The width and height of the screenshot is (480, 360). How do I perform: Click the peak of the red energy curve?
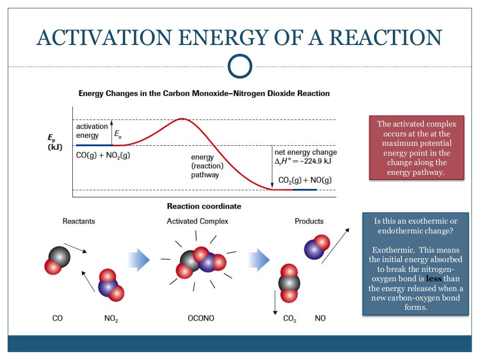coord(182,119)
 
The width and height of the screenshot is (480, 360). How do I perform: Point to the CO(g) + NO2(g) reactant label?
coord(103,155)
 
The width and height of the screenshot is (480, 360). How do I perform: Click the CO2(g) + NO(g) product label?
coord(305,180)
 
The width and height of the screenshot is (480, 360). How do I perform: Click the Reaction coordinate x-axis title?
coord(204,206)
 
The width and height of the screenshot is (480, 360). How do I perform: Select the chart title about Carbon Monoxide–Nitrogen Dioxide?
coord(204,93)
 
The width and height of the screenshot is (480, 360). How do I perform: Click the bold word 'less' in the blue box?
coord(434,278)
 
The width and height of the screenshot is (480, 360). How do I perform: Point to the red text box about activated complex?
coord(417,148)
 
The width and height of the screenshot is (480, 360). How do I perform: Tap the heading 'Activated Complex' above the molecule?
coord(197,221)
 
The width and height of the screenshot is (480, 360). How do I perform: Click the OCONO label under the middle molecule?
coord(201,318)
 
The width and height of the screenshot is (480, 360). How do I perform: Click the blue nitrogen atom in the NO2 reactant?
coord(108,286)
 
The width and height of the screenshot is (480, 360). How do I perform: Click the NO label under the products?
coord(320,318)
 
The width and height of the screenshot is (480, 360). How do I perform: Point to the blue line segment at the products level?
coord(305,189)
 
